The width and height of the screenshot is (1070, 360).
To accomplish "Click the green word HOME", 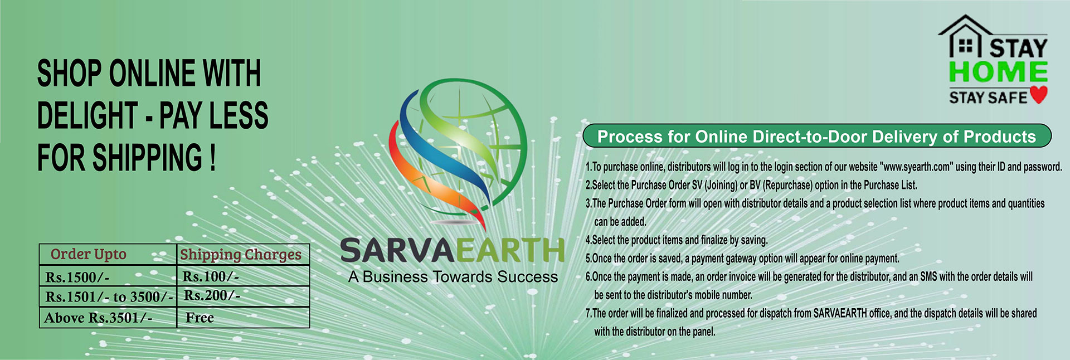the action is tap(998, 72).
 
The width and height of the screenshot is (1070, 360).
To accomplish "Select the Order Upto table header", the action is tap(89, 254).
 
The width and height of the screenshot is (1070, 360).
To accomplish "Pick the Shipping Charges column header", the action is tap(241, 255).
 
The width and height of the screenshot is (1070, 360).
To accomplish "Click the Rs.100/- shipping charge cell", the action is tap(211, 276).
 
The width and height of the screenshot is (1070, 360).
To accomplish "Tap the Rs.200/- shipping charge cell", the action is tap(212, 295).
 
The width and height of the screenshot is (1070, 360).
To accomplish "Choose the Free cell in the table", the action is tap(200, 318).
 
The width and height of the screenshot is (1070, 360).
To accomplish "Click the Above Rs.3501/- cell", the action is tap(98, 318).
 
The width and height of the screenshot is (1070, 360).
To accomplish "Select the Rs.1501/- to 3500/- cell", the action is tap(109, 297).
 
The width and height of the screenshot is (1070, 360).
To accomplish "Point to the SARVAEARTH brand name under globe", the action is tap(453, 251).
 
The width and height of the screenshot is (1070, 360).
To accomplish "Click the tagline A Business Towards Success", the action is tap(453, 277).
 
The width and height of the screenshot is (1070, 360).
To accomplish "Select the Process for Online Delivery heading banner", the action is tap(817, 137).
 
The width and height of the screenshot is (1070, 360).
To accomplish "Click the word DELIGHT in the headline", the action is tap(87, 115).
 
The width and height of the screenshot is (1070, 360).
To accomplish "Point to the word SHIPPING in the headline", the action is tap(147, 157).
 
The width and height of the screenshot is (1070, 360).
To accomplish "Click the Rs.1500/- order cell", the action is tap(77, 277).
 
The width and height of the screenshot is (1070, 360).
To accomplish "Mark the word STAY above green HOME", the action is tap(1019, 47).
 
